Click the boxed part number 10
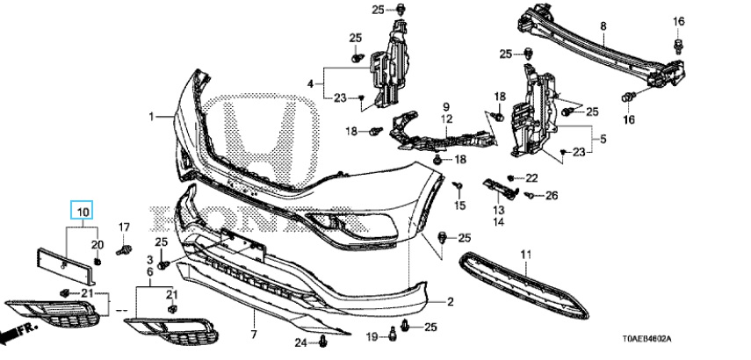[x=81, y=212]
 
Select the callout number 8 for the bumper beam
[x=603, y=27]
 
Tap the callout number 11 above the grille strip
[x=526, y=255]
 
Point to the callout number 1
[x=150, y=116]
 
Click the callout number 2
[x=450, y=303]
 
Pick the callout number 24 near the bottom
[x=300, y=342]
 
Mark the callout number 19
[x=371, y=336]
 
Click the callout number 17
[x=124, y=228]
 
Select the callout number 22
[x=531, y=178]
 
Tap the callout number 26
[x=551, y=195]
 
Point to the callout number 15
[x=459, y=205]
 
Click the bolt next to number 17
[x=124, y=251]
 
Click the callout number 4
[x=310, y=83]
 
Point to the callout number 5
[x=602, y=138]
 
